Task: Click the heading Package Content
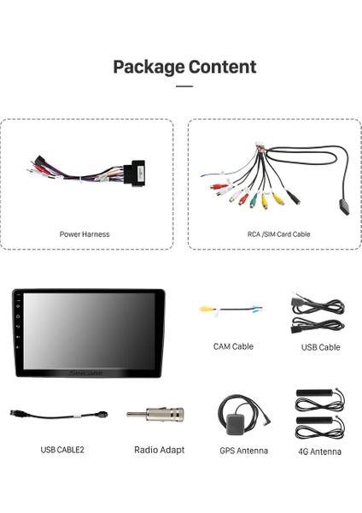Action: point(184,67)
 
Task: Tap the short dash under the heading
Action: point(184,86)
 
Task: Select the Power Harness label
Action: point(85,233)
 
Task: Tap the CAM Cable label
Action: point(233,346)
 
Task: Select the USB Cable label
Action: point(320,347)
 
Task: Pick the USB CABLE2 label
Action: point(62,449)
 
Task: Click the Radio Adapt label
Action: point(159,449)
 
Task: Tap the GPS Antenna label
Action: point(243,451)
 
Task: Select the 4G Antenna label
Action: point(320,451)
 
